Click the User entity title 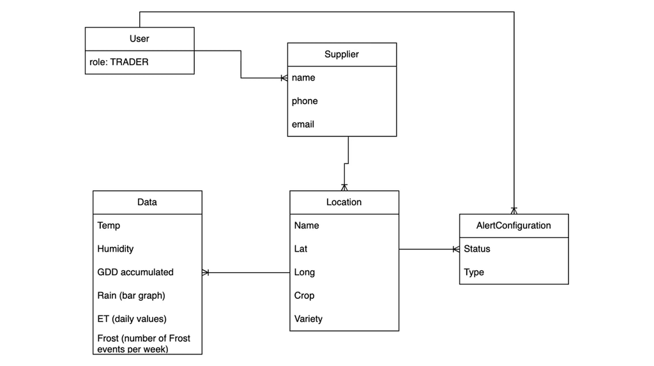(x=139, y=39)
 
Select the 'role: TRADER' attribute (x=119, y=63)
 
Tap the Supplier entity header (x=342, y=54)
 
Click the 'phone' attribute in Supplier (x=305, y=101)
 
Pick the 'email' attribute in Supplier (x=303, y=125)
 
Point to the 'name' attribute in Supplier (x=303, y=78)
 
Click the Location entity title (x=344, y=202)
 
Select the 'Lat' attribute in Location (x=301, y=249)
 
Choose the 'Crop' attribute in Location (x=304, y=296)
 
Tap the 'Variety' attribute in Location (x=308, y=319)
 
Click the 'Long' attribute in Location (x=304, y=272)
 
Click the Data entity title (x=147, y=202)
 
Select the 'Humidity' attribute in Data (x=115, y=249)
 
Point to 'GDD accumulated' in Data (x=135, y=272)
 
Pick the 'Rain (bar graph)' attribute (x=131, y=296)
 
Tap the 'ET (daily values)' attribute (x=132, y=319)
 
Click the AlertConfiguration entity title (x=513, y=225)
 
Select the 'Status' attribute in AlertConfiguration (x=476, y=249)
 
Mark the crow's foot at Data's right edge (x=206, y=273)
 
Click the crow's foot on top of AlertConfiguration (x=513, y=210)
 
